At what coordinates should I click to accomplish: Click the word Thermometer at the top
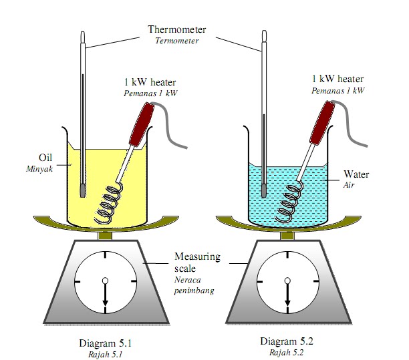tap(177, 29)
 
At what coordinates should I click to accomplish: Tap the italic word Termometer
tap(177, 41)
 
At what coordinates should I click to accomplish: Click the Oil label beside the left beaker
tap(45, 158)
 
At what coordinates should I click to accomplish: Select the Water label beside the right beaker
tap(356, 174)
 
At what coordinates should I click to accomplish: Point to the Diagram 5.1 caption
tap(106, 343)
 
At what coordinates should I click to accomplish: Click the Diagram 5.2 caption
tap(287, 341)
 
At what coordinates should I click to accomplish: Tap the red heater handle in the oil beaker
tap(142, 124)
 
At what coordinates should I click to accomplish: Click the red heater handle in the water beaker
tap(323, 123)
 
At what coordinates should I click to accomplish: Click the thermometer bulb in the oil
tap(83, 191)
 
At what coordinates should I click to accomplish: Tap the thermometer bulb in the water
tap(264, 190)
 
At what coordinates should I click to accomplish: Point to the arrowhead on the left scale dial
tap(106, 303)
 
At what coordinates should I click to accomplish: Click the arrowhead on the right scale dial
tap(288, 303)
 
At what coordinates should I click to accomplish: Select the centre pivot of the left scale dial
tap(106, 281)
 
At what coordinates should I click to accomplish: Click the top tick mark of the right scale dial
tap(288, 254)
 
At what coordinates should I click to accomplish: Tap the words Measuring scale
tap(197, 262)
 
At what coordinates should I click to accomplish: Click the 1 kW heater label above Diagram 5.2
tap(337, 79)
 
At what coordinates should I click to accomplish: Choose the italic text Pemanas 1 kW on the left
tap(151, 94)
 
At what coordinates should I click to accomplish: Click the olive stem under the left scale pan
tap(106, 236)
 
